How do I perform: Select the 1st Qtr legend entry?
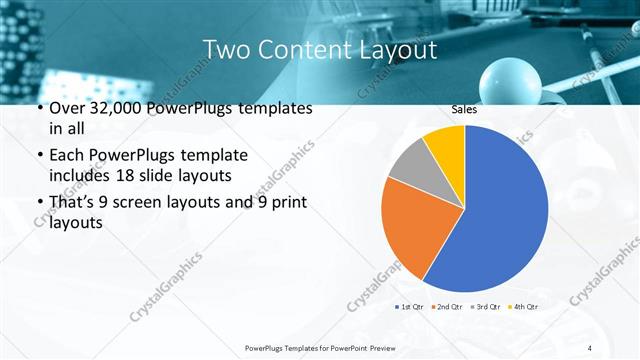point(410,306)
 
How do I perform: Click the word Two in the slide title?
point(226,49)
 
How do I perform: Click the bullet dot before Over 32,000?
point(39,109)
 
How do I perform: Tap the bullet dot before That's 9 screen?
point(39,203)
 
